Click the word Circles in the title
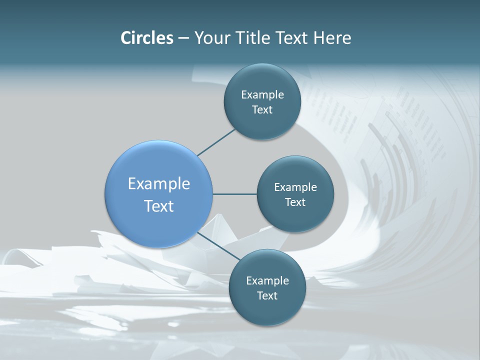(147, 38)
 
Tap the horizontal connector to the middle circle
(234, 194)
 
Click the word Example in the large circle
(159, 184)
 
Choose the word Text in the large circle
(159, 206)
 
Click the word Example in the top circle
(262, 95)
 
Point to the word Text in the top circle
(262, 110)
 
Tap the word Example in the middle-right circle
(295, 187)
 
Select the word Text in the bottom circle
(266, 296)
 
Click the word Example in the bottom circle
(267, 281)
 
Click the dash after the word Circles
(183, 38)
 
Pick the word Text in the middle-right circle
(295, 202)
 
